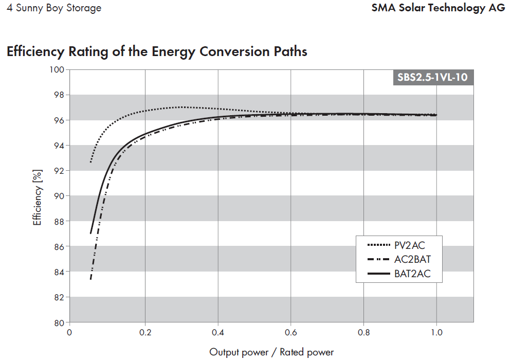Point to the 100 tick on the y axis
pyautogui.click(x=58, y=70)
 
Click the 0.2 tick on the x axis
pyautogui.click(x=145, y=332)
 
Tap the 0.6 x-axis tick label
pyautogui.click(x=291, y=332)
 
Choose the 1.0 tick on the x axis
pyautogui.click(x=436, y=332)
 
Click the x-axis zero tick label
pyautogui.click(x=69, y=332)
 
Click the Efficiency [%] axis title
pyautogui.click(x=37, y=195)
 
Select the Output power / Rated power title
pyautogui.click(x=271, y=352)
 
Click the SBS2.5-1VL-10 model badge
pyautogui.click(x=433, y=78)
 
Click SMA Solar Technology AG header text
pyautogui.click(x=438, y=8)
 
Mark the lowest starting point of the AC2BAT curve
pyautogui.click(x=90, y=279)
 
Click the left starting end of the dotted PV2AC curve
pyautogui.click(x=90, y=163)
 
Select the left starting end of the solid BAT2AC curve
pyautogui.click(x=90, y=233)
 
